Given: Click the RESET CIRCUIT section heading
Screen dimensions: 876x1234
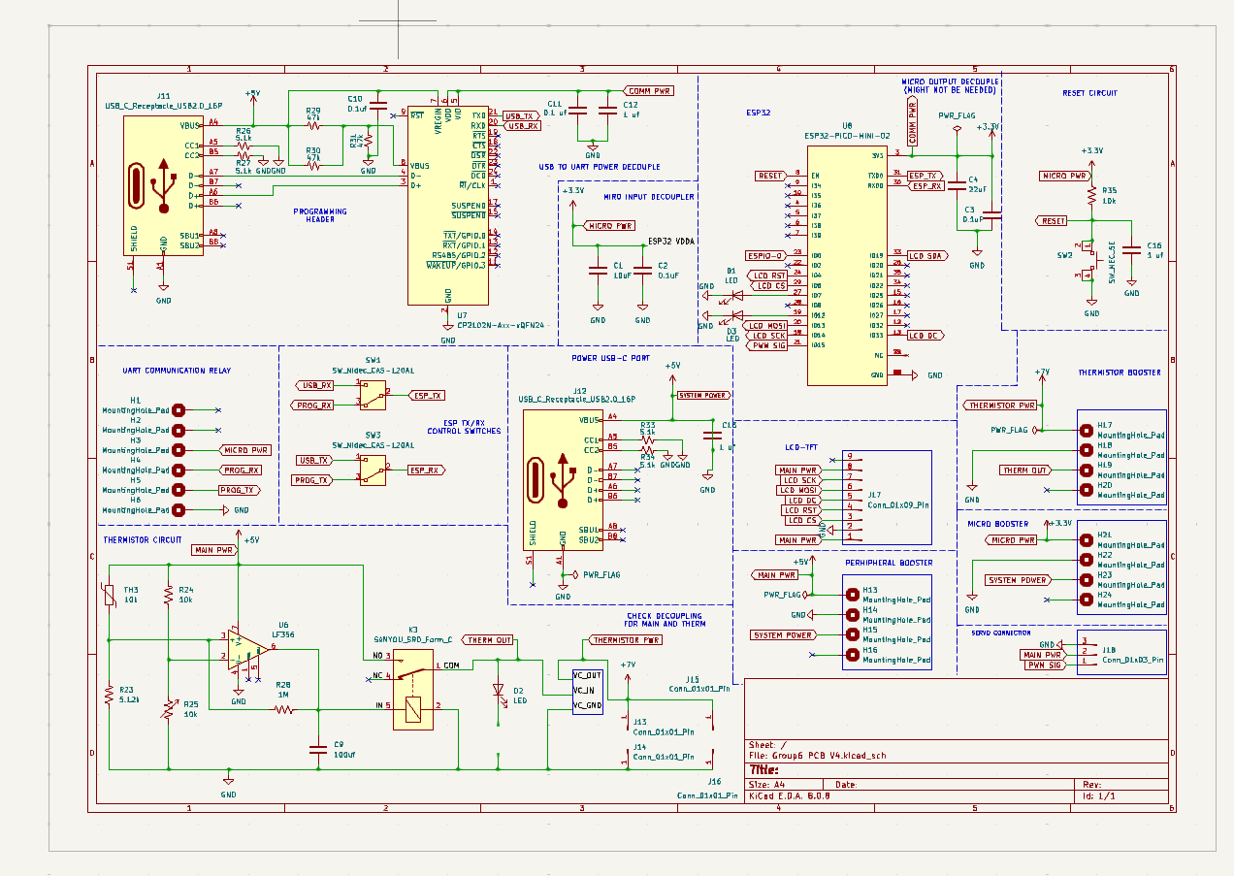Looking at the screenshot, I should point(1088,93).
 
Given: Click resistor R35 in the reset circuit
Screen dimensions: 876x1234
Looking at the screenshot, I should point(1091,196).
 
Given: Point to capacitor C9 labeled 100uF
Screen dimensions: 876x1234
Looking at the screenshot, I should point(317,748).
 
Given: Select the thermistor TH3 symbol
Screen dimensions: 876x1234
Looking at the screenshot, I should point(110,595).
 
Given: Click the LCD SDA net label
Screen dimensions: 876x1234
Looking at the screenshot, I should point(926,255).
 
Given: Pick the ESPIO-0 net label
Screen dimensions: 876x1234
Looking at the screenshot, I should point(764,255).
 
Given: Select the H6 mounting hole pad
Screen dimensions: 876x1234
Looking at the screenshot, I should point(178,509).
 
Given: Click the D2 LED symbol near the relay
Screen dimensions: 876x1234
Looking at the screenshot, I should point(499,691).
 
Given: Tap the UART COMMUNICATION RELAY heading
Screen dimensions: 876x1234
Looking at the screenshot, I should point(177,371).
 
